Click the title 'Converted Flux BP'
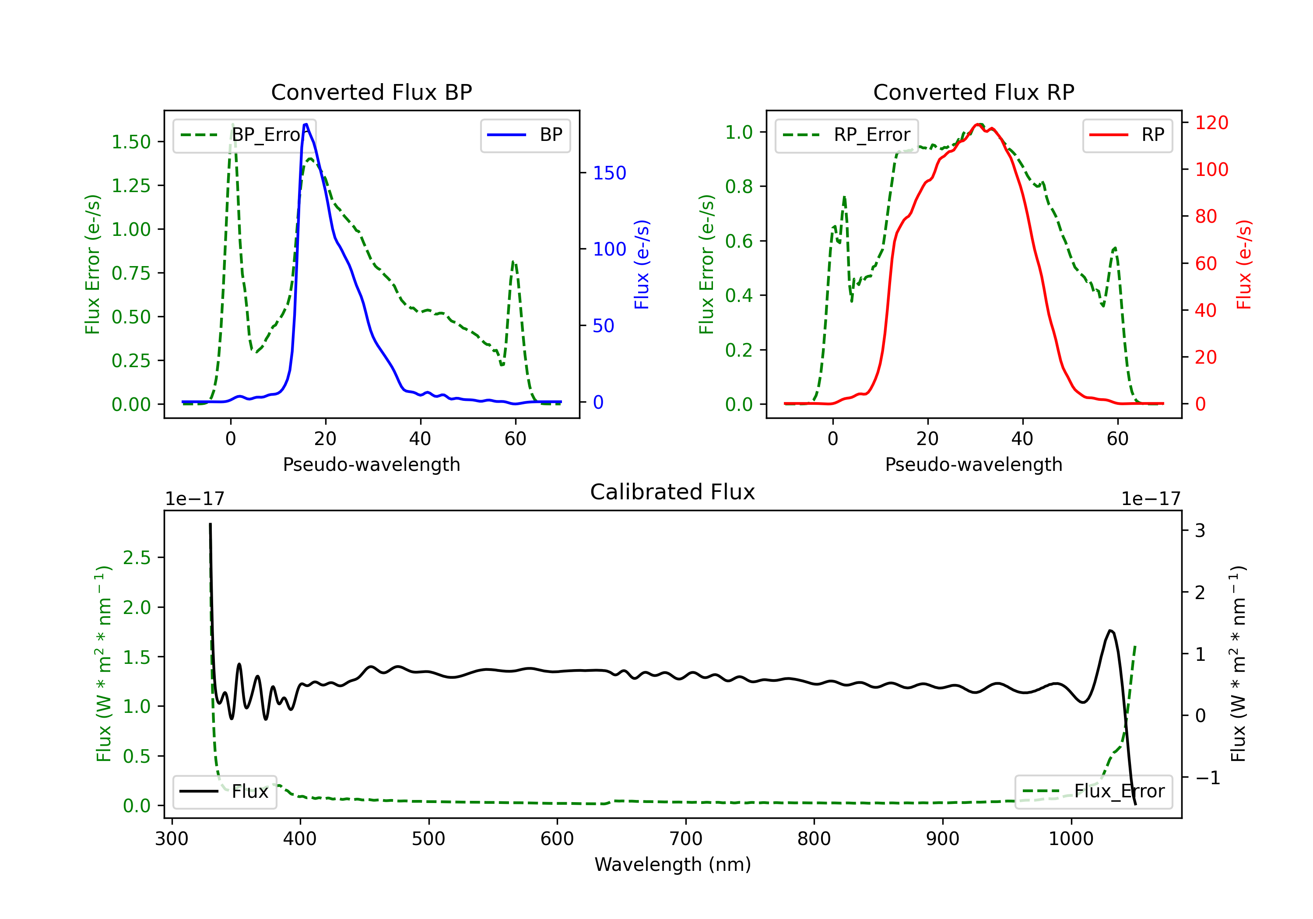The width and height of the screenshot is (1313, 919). click(x=371, y=92)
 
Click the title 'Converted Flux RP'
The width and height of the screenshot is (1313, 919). click(x=973, y=92)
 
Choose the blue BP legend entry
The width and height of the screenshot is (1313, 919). click(x=525, y=135)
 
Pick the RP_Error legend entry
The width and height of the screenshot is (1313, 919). click(x=846, y=135)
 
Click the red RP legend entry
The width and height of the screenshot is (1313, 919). click(x=1127, y=135)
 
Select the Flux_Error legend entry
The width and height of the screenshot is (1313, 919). click(x=1093, y=792)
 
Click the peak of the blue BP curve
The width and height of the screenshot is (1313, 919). click(x=306, y=124)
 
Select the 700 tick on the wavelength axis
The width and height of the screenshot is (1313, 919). click(x=686, y=839)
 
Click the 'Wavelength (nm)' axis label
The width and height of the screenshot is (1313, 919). click(x=673, y=864)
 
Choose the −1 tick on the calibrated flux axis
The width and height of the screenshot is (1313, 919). click(x=1207, y=778)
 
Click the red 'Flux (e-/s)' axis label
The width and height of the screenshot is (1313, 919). click(x=1244, y=264)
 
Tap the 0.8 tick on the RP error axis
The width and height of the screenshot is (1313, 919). click(x=739, y=186)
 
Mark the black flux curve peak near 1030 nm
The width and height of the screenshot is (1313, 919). click(x=1110, y=631)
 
